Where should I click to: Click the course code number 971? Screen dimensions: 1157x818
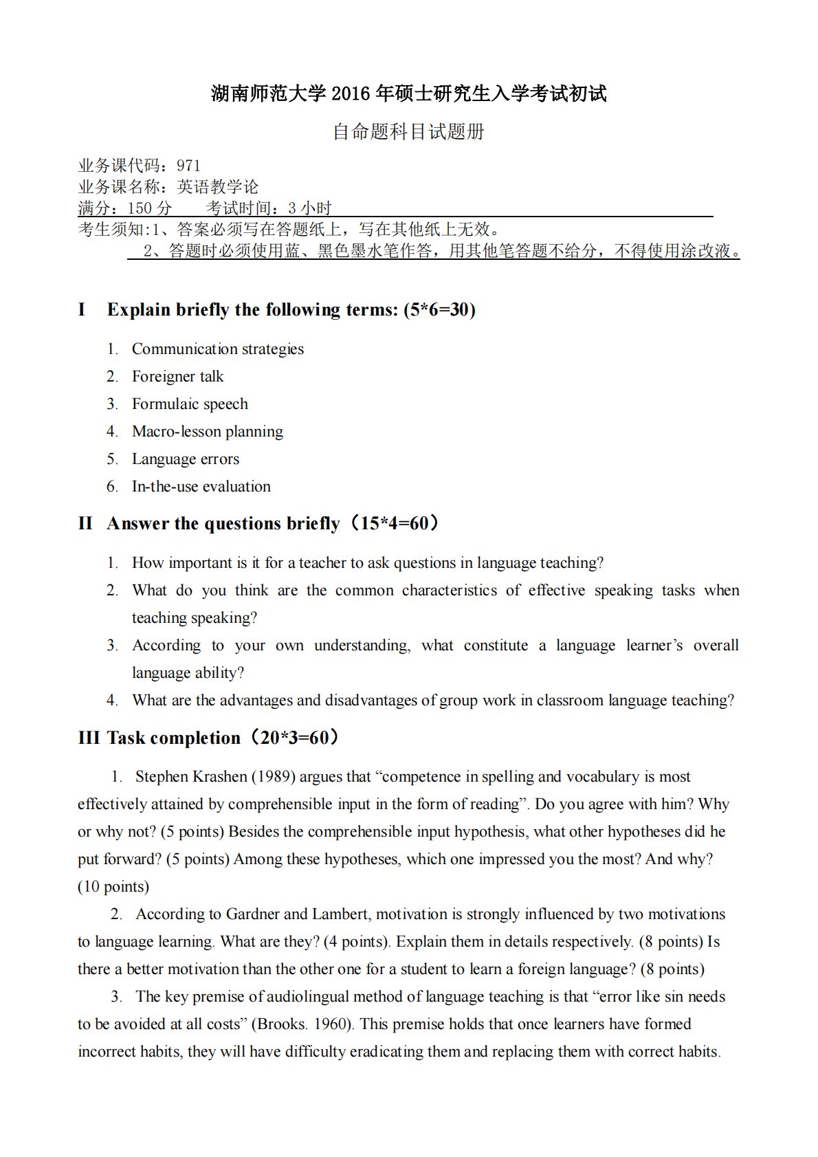click(188, 166)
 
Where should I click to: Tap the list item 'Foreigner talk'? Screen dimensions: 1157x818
click(177, 377)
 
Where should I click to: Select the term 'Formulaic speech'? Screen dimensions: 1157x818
click(190, 404)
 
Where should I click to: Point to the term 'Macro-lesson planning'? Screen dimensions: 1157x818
click(207, 432)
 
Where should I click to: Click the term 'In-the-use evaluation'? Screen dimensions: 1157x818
click(201, 487)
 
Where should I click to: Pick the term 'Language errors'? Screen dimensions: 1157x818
click(186, 459)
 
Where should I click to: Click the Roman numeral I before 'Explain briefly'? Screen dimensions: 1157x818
click(82, 310)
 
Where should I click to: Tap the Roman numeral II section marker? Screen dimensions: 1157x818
click(85, 524)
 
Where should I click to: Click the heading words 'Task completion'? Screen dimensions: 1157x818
click(173, 738)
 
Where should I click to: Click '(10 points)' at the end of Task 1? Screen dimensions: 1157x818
click(113, 887)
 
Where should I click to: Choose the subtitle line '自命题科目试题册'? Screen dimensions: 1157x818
click(408, 131)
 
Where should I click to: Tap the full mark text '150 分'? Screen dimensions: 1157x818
click(150, 208)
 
